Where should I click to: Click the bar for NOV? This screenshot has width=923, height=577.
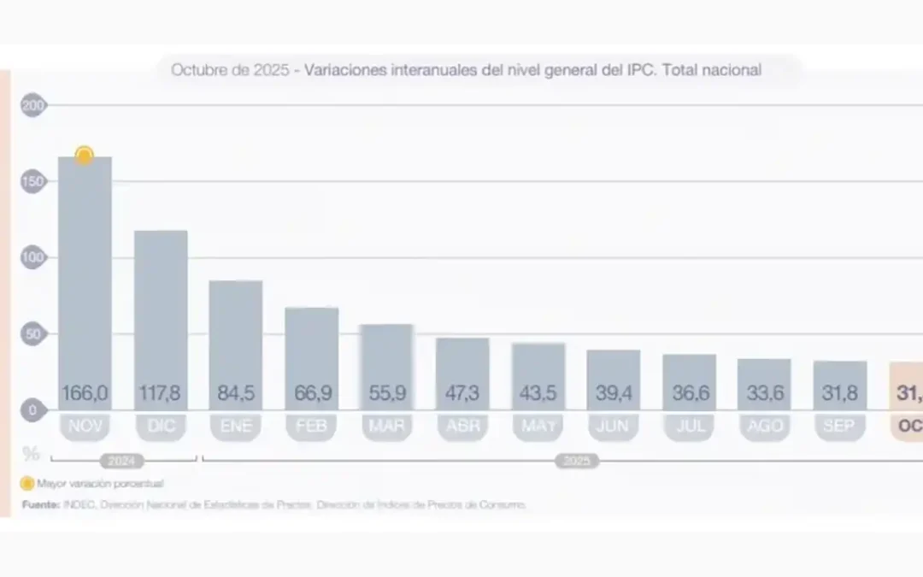point(85,274)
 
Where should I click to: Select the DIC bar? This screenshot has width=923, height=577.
point(161,308)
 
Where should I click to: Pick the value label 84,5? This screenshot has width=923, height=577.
point(236,394)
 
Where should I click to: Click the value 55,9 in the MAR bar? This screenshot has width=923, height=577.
point(387,394)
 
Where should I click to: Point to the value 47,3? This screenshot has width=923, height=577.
point(462,394)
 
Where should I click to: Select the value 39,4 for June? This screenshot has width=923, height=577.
point(614,394)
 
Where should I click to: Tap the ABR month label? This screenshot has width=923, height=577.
point(462,427)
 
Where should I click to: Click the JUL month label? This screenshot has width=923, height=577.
point(689,427)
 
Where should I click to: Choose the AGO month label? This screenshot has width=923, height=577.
point(764,427)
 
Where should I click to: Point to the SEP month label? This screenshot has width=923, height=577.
point(839,427)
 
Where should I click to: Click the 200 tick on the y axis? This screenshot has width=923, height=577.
point(33,106)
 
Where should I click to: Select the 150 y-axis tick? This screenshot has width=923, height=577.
point(33,182)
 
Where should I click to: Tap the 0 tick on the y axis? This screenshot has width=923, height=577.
point(33,410)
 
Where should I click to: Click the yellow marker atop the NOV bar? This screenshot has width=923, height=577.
point(84,156)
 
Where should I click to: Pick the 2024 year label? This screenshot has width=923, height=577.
point(122,462)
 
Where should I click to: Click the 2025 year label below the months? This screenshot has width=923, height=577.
point(577,462)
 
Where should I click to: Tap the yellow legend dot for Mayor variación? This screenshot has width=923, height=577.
point(27,483)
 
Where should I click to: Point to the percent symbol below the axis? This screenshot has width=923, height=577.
point(32,452)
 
